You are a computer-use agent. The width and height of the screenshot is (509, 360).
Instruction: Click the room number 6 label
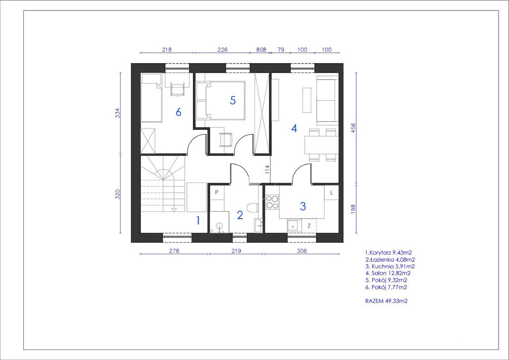click(178, 112)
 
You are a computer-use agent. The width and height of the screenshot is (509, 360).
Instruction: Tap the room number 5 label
click(233, 100)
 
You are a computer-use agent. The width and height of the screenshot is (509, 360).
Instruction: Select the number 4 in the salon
click(294, 129)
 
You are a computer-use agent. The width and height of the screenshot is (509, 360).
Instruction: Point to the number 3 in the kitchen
click(303, 206)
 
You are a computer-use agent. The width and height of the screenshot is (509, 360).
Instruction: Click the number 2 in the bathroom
click(240, 215)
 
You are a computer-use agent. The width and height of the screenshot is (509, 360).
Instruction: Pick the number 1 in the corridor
click(198, 221)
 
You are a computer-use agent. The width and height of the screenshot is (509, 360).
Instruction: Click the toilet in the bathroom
click(252, 207)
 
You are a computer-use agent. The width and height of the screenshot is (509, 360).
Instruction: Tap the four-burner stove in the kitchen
click(272, 201)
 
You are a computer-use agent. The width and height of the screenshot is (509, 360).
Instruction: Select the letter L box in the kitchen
click(332, 192)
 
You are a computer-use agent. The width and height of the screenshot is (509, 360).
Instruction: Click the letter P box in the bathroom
click(217, 192)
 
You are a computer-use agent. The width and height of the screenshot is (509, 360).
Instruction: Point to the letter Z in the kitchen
click(309, 226)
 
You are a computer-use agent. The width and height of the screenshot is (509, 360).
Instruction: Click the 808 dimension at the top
click(261, 50)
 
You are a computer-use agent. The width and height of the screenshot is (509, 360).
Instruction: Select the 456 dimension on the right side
click(353, 128)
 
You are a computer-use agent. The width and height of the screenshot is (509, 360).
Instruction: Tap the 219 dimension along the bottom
click(236, 251)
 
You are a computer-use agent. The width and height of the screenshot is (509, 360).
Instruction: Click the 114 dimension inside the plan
click(267, 169)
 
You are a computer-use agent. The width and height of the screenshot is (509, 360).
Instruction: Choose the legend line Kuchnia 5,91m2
click(390, 266)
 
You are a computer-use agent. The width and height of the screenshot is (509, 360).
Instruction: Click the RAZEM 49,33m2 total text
click(386, 301)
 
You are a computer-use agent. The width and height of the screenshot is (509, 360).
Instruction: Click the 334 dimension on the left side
click(117, 113)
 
